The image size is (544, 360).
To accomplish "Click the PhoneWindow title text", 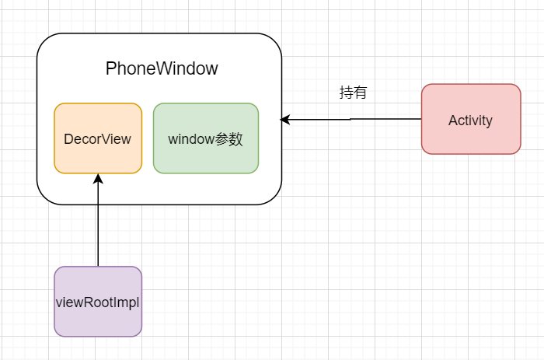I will pyautogui.click(x=162, y=68).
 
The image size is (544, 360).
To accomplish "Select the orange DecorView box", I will pyautogui.click(x=98, y=138).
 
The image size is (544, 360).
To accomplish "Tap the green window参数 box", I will pyautogui.click(x=206, y=138).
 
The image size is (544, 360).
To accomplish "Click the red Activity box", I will pyautogui.click(x=471, y=119).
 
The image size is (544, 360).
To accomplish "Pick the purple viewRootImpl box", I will pyautogui.click(x=98, y=302).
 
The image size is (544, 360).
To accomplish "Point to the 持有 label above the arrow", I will pyautogui.click(x=353, y=93).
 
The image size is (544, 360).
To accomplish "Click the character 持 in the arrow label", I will pyautogui.click(x=346, y=93).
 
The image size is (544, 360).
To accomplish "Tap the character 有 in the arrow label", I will pyautogui.click(x=360, y=93).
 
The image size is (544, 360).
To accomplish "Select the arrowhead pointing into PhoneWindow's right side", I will pyautogui.click(x=285, y=119).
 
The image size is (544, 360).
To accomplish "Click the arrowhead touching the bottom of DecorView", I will pyautogui.click(x=98, y=179).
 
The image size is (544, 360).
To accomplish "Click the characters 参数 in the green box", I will pyautogui.click(x=230, y=139).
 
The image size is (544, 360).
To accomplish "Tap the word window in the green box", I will pyautogui.click(x=191, y=139).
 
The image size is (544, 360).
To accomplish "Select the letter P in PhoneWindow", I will pyautogui.click(x=110, y=68).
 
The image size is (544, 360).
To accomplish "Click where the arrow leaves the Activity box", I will pyautogui.click(x=421, y=119).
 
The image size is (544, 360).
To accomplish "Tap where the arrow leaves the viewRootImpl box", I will pyautogui.click(x=98, y=267).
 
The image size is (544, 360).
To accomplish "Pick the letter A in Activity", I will pyautogui.click(x=452, y=120).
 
